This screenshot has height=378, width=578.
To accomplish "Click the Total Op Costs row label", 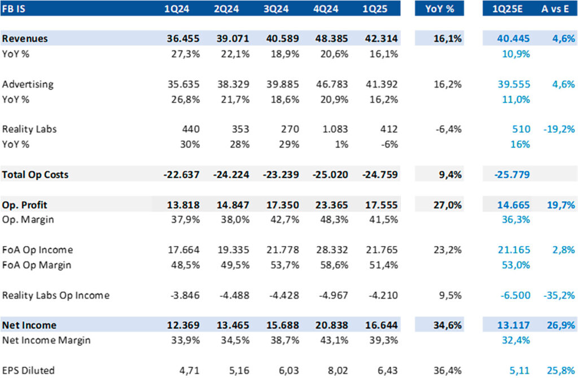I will click(35, 175).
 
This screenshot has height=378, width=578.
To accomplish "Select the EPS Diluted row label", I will click(28, 370).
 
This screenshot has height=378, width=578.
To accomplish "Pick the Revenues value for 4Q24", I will click(331, 39).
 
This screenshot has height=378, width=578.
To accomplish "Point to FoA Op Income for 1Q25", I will click(381, 250).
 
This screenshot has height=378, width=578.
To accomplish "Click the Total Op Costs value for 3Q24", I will click(281, 175).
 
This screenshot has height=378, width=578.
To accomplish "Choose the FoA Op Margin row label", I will click(36, 265).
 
